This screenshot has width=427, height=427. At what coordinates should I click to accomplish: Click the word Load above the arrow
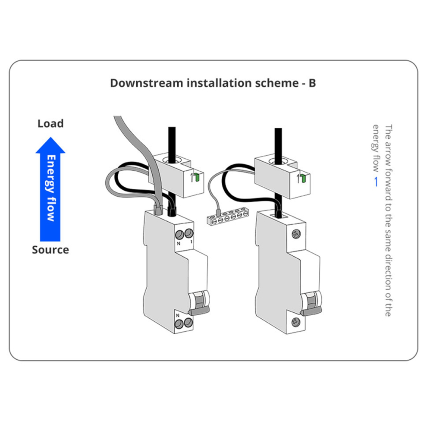coord(50,124)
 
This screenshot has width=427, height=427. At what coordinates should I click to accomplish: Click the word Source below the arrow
coord(50,250)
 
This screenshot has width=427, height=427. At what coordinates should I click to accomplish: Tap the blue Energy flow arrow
coord(50,189)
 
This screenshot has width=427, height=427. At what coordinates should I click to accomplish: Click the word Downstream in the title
coord(146,83)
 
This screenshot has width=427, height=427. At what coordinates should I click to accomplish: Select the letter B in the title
coord(312,83)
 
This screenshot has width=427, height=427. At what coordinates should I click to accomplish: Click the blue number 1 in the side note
coord(377,182)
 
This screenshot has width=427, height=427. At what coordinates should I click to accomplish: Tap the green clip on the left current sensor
coord(198,177)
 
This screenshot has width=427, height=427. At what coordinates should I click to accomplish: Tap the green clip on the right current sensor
coord(304,179)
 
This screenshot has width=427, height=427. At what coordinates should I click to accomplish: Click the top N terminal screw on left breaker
coord(179,235)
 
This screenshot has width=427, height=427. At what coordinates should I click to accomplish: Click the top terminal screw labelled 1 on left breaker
coord(189,233)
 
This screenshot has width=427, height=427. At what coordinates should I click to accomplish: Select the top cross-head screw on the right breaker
coord(296,234)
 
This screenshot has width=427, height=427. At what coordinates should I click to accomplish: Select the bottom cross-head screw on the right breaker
coord(296,322)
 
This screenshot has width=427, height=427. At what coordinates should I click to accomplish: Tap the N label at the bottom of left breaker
coord(178,316)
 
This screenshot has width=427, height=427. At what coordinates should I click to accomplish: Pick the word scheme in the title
coord(276,83)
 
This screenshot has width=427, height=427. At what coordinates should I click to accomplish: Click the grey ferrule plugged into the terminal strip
coord(218,212)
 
